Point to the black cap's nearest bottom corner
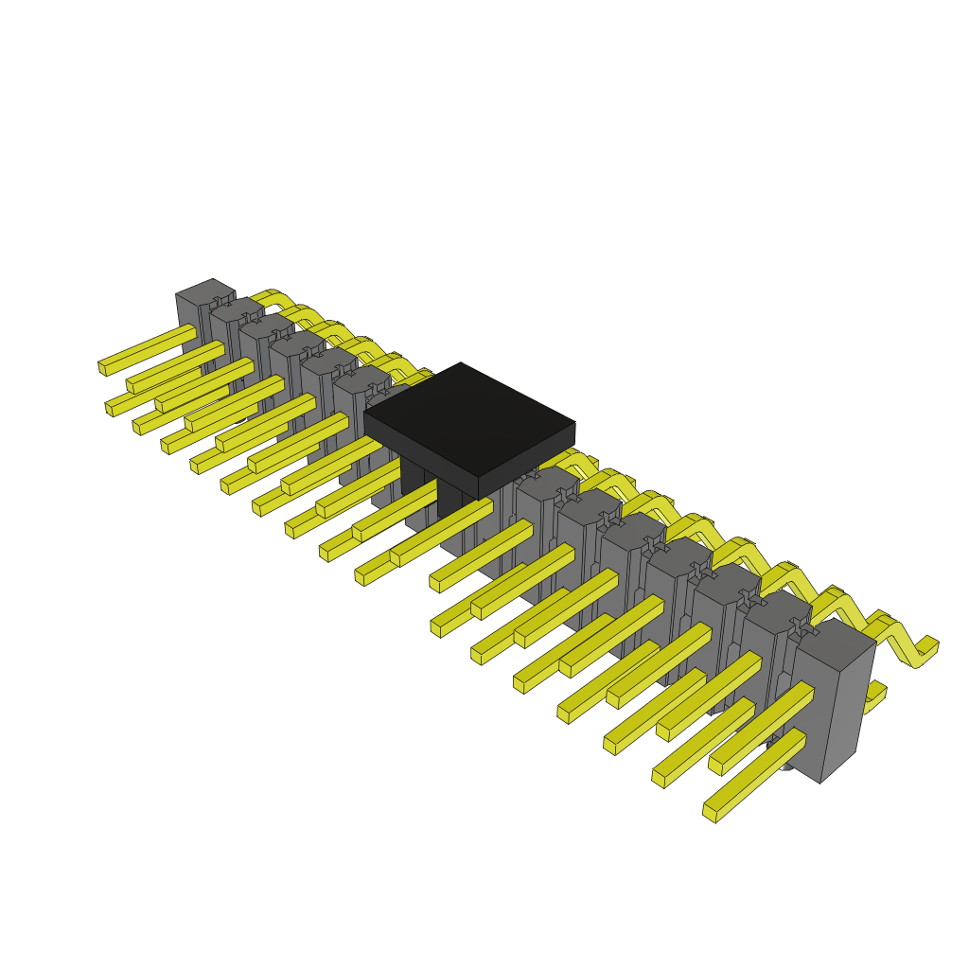point(479,498)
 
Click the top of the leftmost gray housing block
point(205,292)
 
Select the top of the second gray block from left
point(237,309)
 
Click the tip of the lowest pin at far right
point(710,813)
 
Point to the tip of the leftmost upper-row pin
point(103,367)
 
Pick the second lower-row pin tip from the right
point(659,778)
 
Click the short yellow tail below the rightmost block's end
point(875,696)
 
